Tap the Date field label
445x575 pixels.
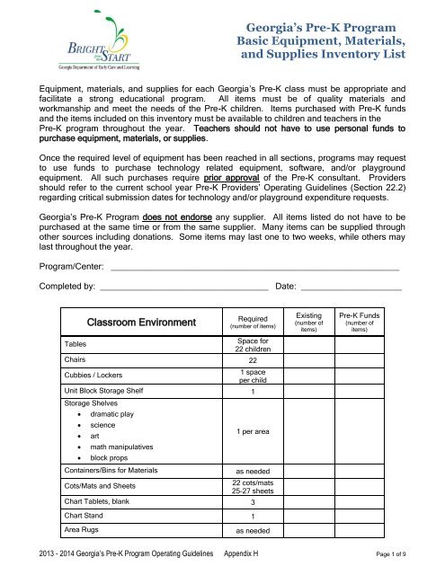tap(285, 287)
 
